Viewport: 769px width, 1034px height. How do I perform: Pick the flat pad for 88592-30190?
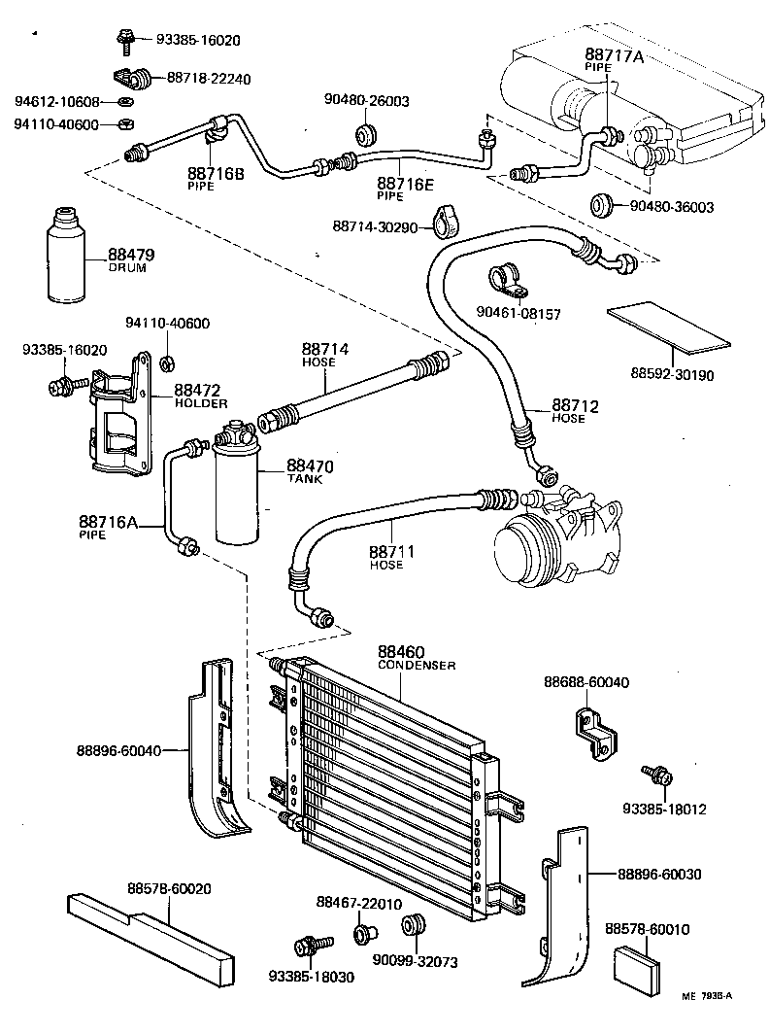[x=668, y=327]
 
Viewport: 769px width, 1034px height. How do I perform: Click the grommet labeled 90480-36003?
[x=603, y=205]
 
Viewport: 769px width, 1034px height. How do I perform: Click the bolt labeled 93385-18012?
[x=656, y=775]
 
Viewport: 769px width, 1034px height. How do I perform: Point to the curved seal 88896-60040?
[x=218, y=748]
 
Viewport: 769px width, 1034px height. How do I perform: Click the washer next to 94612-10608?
[x=126, y=102]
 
